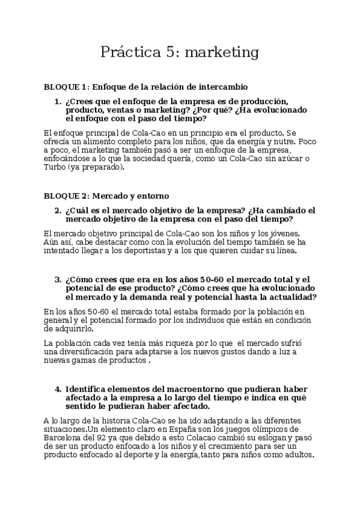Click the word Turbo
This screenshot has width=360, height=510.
pyautogui.click(x=56, y=167)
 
